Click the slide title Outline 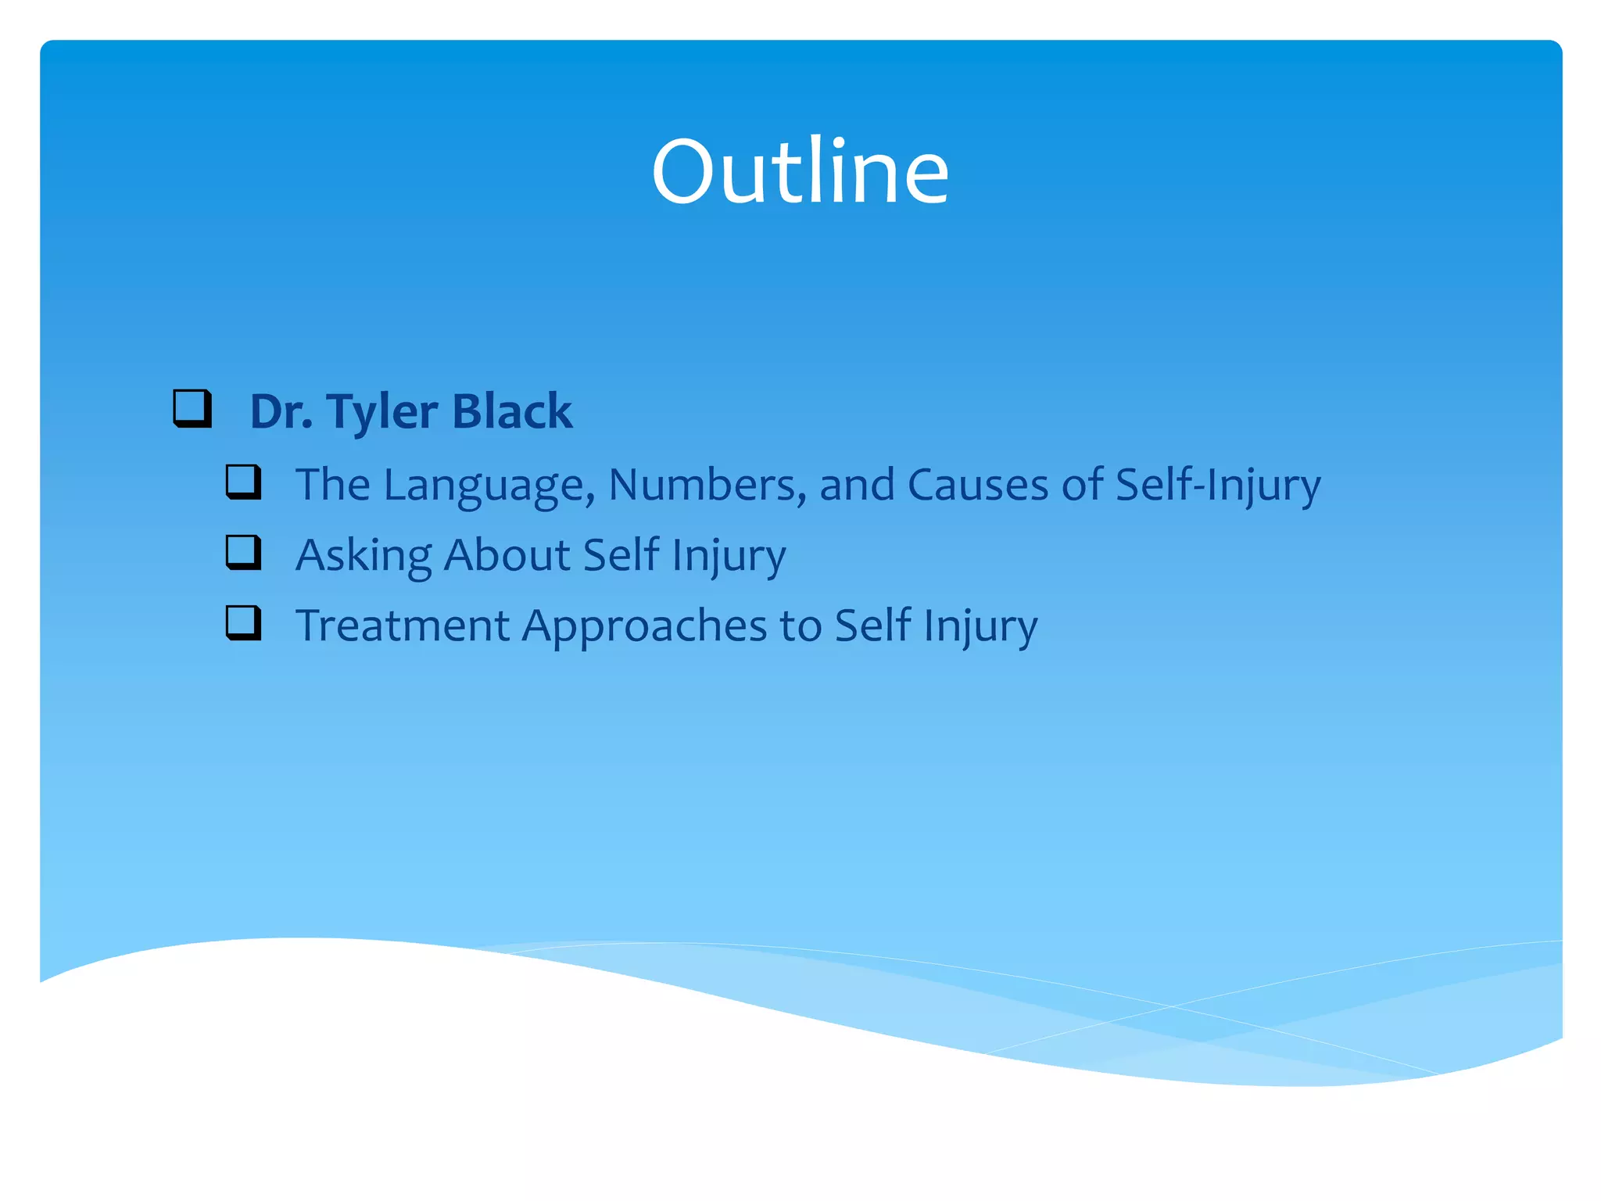coord(800,171)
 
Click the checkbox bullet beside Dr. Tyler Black coord(192,408)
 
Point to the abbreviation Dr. coord(281,411)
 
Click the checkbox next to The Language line coord(244,482)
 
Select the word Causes coord(977,485)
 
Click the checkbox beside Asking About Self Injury coord(244,552)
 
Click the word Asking coord(364,556)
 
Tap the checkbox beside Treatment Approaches coord(244,622)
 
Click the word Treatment coord(403,626)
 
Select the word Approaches coord(644,627)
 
